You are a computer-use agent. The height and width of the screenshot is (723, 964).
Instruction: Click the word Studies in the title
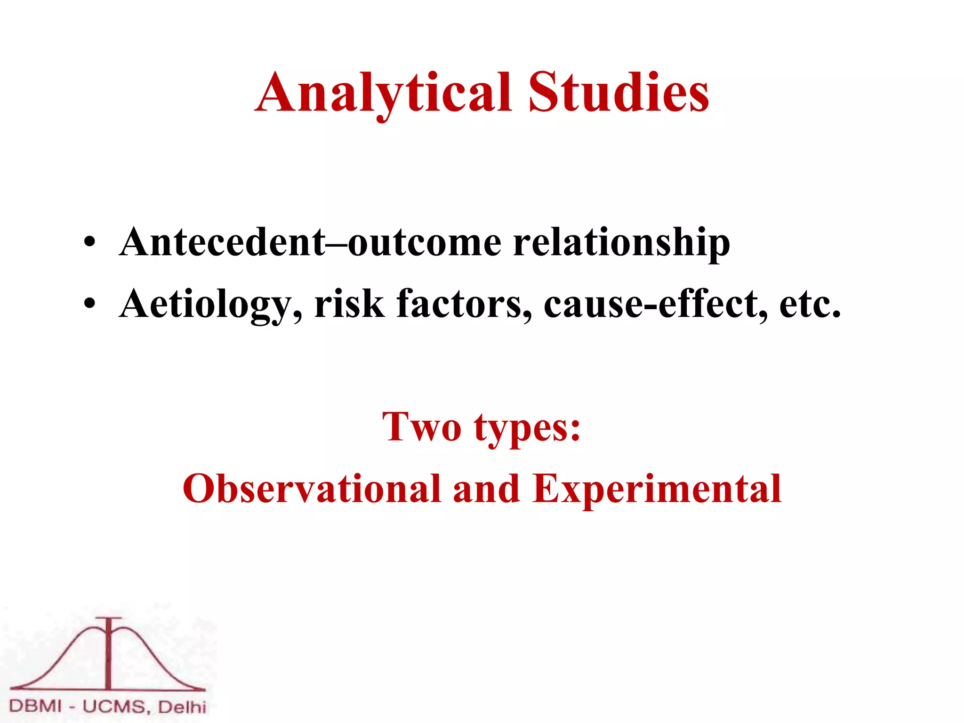point(618,93)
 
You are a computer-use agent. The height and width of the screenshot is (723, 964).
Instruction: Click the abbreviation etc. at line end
point(810,305)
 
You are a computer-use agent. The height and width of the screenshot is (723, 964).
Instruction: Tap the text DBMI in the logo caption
point(35,706)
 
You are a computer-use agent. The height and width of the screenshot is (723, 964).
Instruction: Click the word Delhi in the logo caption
point(182,707)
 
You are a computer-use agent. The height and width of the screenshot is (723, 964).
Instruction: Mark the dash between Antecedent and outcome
point(337,243)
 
